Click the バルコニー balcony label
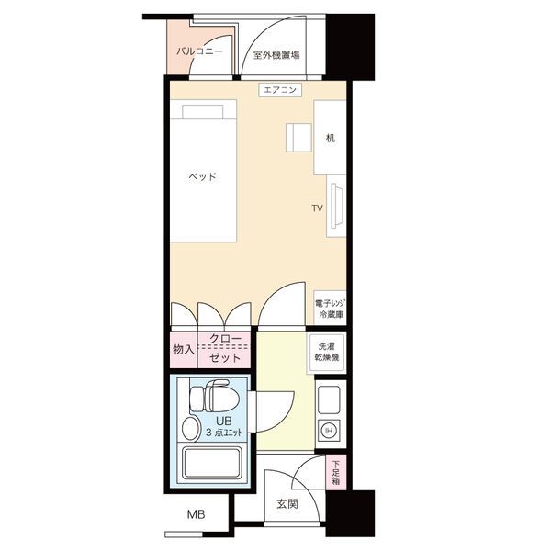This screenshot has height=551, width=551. pyautogui.click(x=199, y=51)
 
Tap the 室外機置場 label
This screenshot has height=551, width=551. pyautogui.click(x=276, y=55)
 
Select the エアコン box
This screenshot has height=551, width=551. pyautogui.click(x=280, y=90)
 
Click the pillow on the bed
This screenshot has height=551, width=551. pyautogui.click(x=203, y=112)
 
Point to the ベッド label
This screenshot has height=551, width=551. pyautogui.click(x=202, y=176)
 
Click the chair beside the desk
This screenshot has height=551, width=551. pyautogui.click(x=298, y=138)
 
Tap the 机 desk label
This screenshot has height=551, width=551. pyautogui.click(x=330, y=138)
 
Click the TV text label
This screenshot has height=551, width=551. pyautogui.click(x=318, y=208)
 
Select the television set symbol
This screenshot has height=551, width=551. pyautogui.click(x=337, y=206)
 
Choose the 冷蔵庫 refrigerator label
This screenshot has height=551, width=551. pyautogui.click(x=331, y=314)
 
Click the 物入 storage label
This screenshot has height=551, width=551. pyautogui.click(x=183, y=349)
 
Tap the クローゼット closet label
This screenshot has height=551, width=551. pyautogui.click(x=225, y=348)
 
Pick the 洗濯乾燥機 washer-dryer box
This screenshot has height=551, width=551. pyautogui.click(x=326, y=352)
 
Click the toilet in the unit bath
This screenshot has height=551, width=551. pyautogui.click(x=214, y=397)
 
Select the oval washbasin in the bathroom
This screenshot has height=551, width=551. pyautogui.click(x=191, y=429)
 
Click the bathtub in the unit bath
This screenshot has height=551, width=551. pyautogui.click(x=213, y=464)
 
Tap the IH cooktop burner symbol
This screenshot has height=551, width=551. pyautogui.click(x=330, y=430)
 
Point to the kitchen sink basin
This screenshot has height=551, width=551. pyautogui.click(x=329, y=399)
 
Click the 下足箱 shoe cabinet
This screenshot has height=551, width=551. pyautogui.click(x=335, y=472)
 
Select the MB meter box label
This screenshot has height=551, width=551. pyautogui.click(x=196, y=515)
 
